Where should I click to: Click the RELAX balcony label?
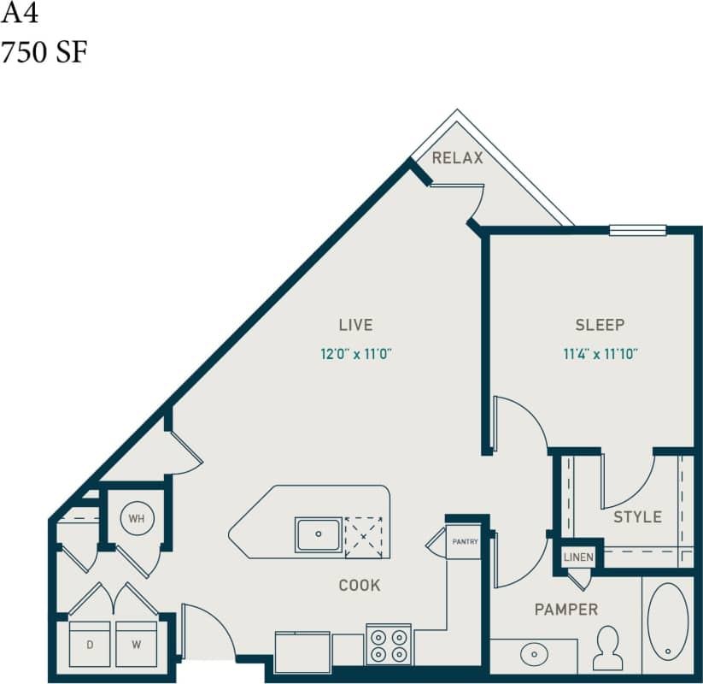tap(457, 158)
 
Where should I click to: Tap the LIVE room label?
tap(355, 325)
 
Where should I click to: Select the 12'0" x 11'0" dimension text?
tap(355, 352)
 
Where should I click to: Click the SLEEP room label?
tap(600, 325)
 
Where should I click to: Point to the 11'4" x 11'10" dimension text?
tap(600, 352)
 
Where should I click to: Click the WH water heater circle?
tap(137, 518)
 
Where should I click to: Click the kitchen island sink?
tap(319, 534)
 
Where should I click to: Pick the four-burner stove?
tap(389, 645)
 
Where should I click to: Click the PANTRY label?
tap(466, 541)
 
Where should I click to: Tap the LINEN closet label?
tap(578, 557)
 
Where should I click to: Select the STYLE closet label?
tap(637, 517)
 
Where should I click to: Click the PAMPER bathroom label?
tap(565, 610)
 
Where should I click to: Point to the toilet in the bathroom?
tap(607, 647)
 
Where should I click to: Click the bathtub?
tap(667, 622)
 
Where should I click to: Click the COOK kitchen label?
tap(359, 586)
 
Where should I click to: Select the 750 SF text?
tap(44, 53)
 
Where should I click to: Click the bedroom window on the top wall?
tap(637, 229)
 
